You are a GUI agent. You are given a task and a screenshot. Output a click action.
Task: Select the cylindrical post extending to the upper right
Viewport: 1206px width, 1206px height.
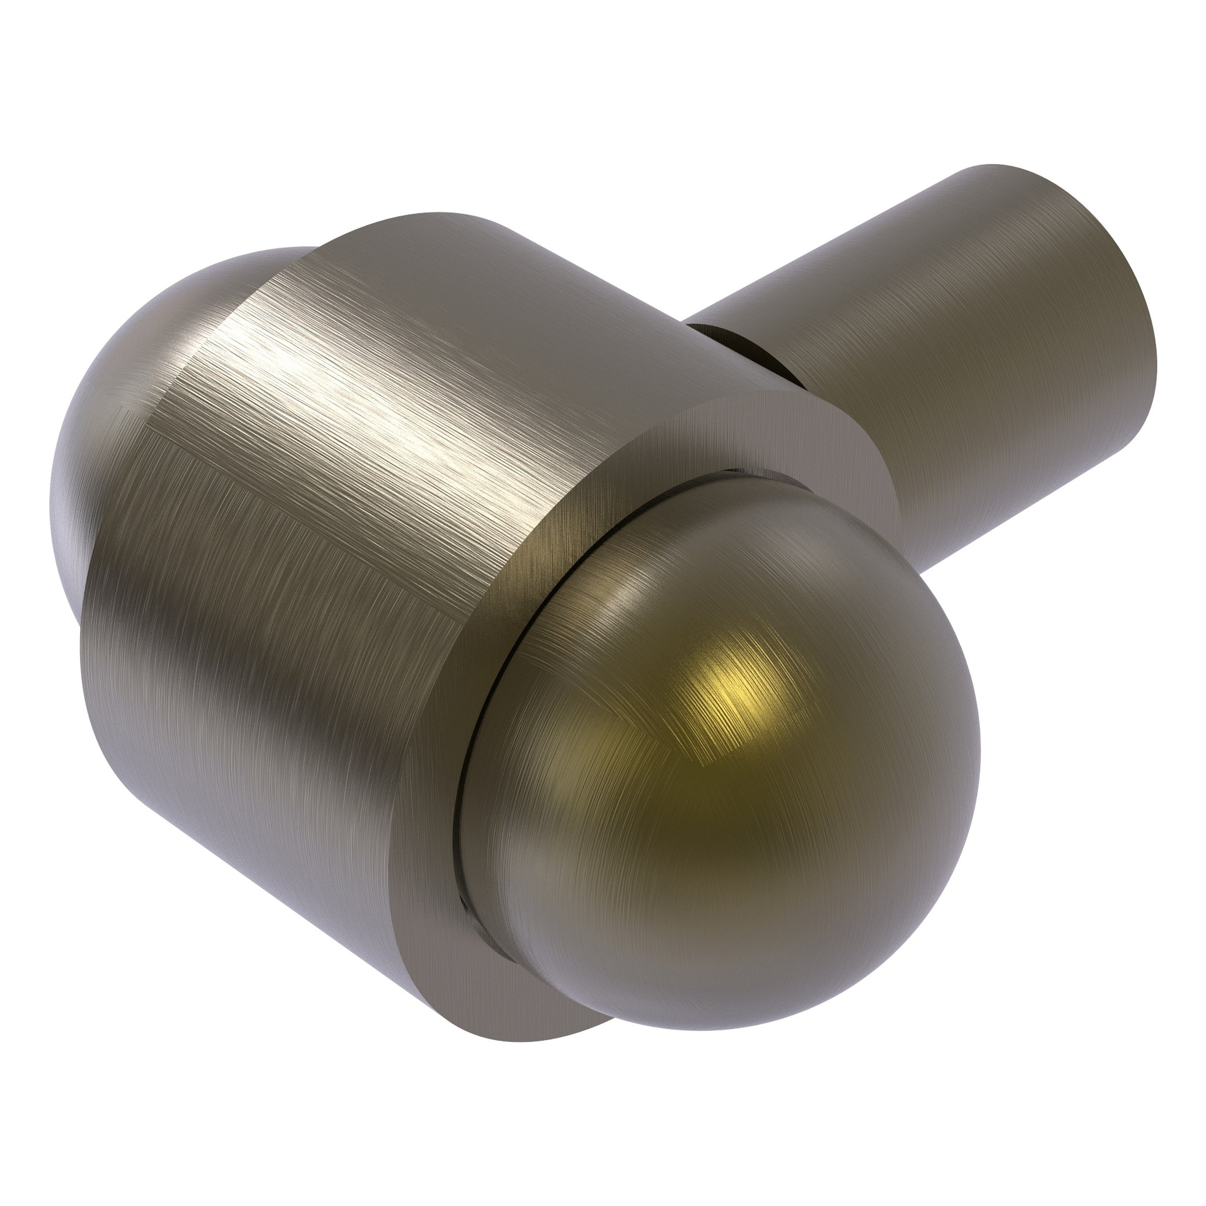974,325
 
